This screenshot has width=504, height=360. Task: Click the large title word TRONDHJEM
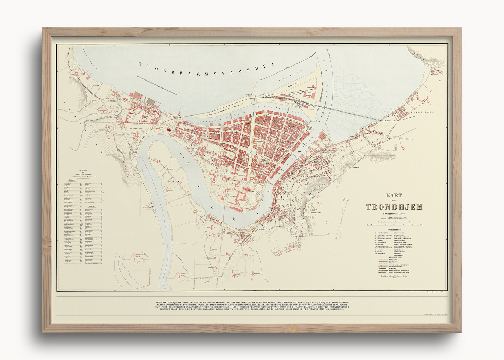point(394,207)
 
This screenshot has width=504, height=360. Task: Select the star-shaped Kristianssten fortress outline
point(309,209)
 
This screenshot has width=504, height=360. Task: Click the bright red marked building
point(169,130)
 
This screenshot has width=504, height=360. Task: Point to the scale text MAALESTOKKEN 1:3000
point(394,213)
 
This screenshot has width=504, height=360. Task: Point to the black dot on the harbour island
point(311,89)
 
